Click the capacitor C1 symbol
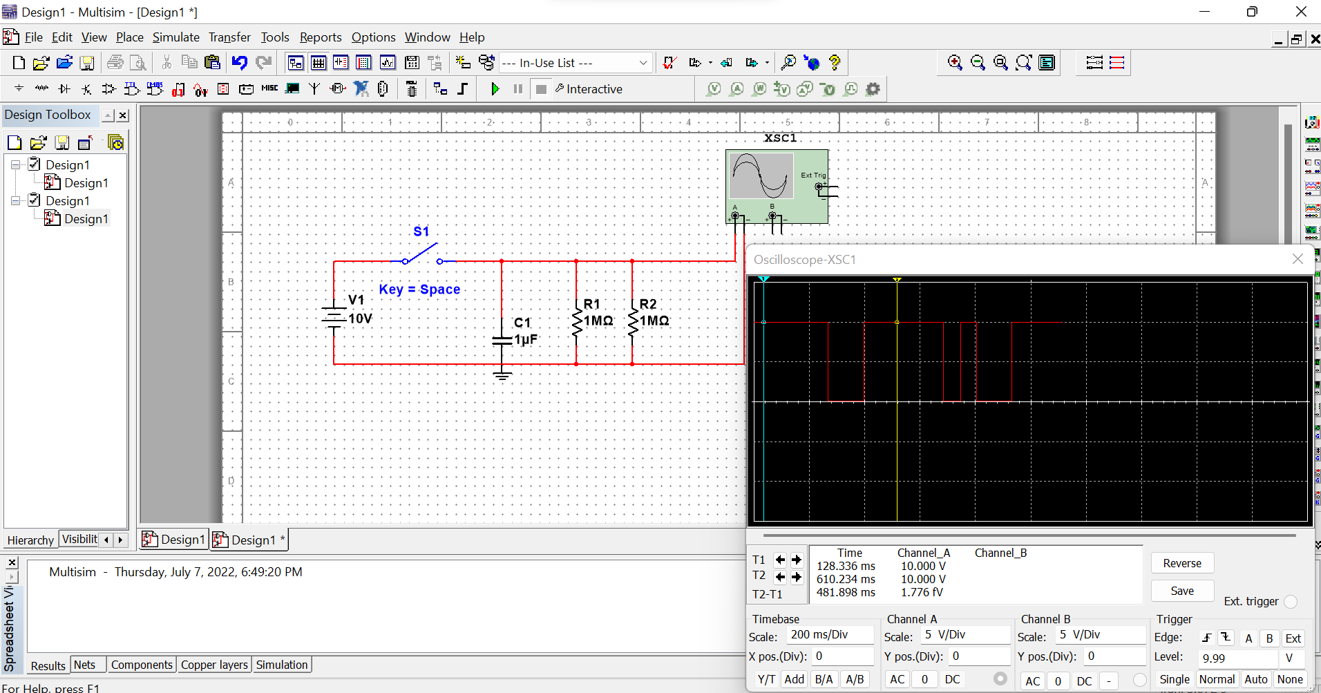click(x=502, y=339)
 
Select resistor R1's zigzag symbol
click(x=576, y=322)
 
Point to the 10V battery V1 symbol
click(x=334, y=317)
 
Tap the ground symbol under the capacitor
click(x=502, y=375)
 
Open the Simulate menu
click(x=175, y=37)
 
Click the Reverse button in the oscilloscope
click(x=1181, y=563)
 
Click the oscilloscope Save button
click(x=1181, y=591)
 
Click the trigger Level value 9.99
click(x=1237, y=658)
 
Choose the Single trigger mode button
click(x=1174, y=679)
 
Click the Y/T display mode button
click(x=766, y=679)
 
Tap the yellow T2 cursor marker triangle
click(x=897, y=280)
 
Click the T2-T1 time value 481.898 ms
click(x=846, y=593)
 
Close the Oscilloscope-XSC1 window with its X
click(x=1298, y=259)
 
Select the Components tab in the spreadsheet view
click(x=142, y=665)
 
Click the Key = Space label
click(x=419, y=289)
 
